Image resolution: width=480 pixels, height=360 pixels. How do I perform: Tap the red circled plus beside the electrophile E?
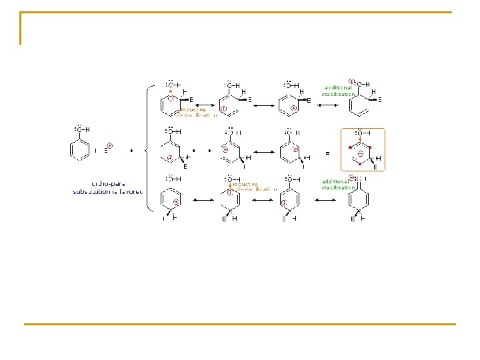pos(110,145)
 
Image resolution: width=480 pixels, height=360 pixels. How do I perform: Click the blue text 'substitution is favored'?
pos(108,191)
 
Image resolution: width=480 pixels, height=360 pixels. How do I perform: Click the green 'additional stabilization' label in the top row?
pos(339,91)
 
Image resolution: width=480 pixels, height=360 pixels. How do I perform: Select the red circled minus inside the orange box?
pos(360,153)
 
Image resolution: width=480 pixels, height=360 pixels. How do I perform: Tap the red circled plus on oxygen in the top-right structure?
pos(351,81)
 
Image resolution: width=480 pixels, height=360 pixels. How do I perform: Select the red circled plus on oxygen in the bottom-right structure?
pos(351,177)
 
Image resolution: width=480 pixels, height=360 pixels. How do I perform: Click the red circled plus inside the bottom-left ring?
pos(175,201)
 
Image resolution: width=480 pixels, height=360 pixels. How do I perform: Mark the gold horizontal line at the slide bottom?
pos(240,324)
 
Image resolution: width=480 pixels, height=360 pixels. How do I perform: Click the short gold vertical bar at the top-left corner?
pos(21,28)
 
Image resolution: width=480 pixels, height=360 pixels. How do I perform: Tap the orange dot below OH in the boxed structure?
pos(360,139)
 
